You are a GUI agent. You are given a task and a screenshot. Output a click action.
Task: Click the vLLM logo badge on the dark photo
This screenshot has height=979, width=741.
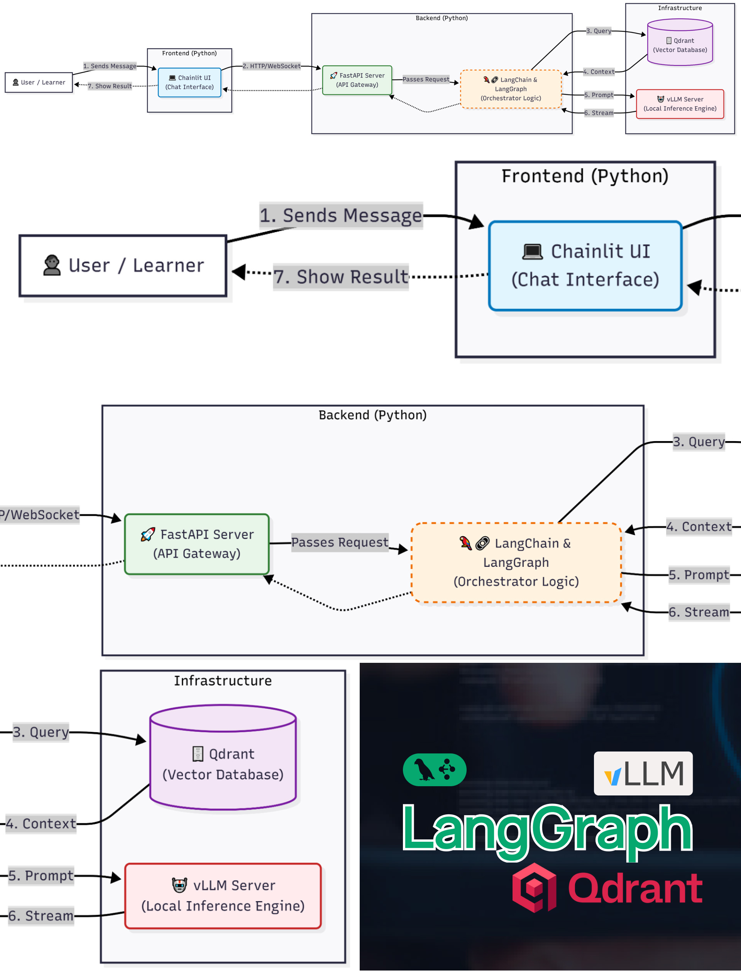pyautogui.click(x=643, y=773)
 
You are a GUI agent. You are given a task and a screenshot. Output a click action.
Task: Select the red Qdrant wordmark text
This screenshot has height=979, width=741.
pyautogui.click(x=635, y=888)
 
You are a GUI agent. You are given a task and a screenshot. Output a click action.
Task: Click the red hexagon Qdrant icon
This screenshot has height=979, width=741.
pyautogui.click(x=534, y=887)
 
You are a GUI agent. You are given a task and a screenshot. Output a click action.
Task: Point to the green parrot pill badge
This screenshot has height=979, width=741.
pyautogui.click(x=434, y=770)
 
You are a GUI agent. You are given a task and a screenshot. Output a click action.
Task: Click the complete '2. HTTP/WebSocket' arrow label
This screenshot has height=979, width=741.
pyautogui.click(x=272, y=66)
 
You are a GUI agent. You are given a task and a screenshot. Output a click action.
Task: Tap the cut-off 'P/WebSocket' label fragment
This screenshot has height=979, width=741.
pyautogui.click(x=39, y=515)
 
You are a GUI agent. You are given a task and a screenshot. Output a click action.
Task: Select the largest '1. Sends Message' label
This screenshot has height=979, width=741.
pyautogui.click(x=341, y=216)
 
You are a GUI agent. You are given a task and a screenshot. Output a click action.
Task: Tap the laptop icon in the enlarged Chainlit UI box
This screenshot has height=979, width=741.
pyautogui.click(x=532, y=251)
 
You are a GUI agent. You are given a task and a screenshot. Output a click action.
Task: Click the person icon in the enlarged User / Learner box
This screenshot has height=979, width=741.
pyautogui.click(x=52, y=265)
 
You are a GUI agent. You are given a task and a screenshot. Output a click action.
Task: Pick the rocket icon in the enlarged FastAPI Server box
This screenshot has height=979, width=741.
pyautogui.click(x=147, y=535)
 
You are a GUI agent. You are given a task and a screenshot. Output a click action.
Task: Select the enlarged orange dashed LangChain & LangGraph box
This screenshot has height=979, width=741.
pyautogui.click(x=516, y=563)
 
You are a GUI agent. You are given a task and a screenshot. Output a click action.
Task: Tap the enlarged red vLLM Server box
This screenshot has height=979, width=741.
pyautogui.click(x=223, y=895)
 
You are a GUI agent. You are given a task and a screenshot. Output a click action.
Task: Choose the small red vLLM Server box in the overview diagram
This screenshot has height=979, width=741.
pyautogui.click(x=680, y=104)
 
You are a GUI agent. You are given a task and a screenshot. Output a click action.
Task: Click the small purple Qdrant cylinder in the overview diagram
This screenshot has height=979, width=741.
pyautogui.click(x=680, y=44)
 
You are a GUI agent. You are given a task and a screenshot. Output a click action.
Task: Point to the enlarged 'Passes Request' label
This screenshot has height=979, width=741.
pyautogui.click(x=339, y=542)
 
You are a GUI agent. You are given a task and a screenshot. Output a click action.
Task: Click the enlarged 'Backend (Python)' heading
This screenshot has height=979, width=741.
pyautogui.click(x=372, y=415)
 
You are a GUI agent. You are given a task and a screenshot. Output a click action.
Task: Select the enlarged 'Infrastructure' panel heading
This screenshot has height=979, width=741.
pyautogui.click(x=223, y=681)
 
